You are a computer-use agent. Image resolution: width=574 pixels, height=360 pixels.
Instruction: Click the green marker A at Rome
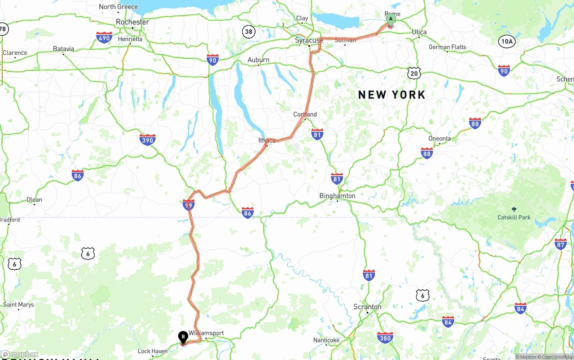pyautogui.click(x=391, y=19)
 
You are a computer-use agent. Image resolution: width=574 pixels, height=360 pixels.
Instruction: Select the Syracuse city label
pyautogui.click(x=309, y=40)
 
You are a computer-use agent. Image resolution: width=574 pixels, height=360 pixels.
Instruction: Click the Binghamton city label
pyautogui.click(x=337, y=195)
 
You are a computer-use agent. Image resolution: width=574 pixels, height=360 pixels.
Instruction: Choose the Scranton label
pyautogui.click(x=367, y=307)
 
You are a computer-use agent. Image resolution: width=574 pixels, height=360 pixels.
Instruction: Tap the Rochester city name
pyautogui.click(x=132, y=22)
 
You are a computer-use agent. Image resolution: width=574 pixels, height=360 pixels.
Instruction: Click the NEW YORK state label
pyautogui.click(x=391, y=95)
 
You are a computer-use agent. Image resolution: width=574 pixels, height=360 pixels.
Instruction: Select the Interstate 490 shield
pyautogui.click(x=104, y=37)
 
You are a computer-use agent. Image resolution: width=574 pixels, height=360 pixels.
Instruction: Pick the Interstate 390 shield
pyautogui.click(x=148, y=139)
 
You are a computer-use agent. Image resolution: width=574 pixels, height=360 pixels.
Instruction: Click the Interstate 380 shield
pyautogui.click(x=385, y=338)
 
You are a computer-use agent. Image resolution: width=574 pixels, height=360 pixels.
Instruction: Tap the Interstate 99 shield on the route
pyautogui.click(x=189, y=205)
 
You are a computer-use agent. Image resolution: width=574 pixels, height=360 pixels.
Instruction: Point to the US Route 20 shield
pyautogui.click(x=414, y=73)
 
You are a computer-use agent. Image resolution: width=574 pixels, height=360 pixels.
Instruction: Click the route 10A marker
pyautogui.click(x=506, y=42)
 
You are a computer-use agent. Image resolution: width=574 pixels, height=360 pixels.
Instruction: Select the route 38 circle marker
pyautogui.click(x=248, y=31)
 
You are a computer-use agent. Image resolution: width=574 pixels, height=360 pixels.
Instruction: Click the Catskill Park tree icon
pyautogui.click(x=514, y=209)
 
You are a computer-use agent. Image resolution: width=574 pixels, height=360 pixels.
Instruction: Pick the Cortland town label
pyautogui.click(x=305, y=114)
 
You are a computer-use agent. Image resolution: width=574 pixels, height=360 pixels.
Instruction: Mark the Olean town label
pyautogui.click(x=35, y=200)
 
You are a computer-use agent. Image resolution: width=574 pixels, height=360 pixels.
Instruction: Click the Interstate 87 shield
pyautogui.click(x=561, y=244)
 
